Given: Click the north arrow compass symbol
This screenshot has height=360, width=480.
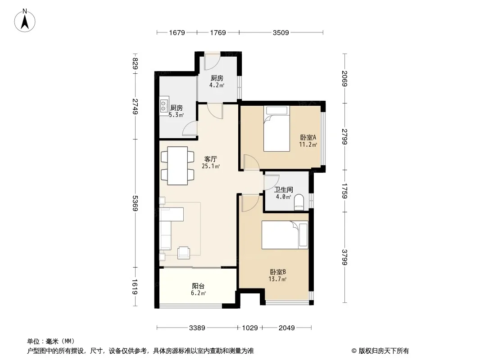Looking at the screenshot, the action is pos(25,21).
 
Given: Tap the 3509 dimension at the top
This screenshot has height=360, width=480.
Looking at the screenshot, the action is pos(281,32).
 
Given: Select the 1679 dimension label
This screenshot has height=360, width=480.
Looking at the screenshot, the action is pos(177,32).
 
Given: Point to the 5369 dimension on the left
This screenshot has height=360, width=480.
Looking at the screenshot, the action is pos(135,203).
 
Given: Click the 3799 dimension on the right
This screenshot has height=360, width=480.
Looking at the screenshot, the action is pos(345,257).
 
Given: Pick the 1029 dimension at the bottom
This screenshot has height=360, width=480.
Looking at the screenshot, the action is pos(250,328).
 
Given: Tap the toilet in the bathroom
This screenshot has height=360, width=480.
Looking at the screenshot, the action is pos(299,202).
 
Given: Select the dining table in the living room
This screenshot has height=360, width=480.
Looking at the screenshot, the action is pos(177,166).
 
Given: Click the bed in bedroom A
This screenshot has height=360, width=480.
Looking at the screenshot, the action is pos(277,128).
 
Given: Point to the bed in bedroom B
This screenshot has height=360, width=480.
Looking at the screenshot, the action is pos(285,235).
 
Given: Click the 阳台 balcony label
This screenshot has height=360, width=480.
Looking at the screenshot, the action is pos(198,286).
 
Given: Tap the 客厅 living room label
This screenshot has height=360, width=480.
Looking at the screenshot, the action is pos(211,159).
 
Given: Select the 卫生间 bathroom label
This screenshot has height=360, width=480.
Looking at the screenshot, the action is pos(284,189).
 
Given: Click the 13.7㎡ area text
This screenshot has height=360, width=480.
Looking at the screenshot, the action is pos(277,279).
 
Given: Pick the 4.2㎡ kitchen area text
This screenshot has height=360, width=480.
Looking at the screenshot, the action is pos(217,85).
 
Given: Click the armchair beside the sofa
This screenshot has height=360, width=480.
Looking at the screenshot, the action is pos(184,252).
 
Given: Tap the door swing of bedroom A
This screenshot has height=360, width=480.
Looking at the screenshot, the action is pos(251,162).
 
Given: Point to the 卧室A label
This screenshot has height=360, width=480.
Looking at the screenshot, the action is pos(308,137).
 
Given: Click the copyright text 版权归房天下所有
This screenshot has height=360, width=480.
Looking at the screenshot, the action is pos(384,351).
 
